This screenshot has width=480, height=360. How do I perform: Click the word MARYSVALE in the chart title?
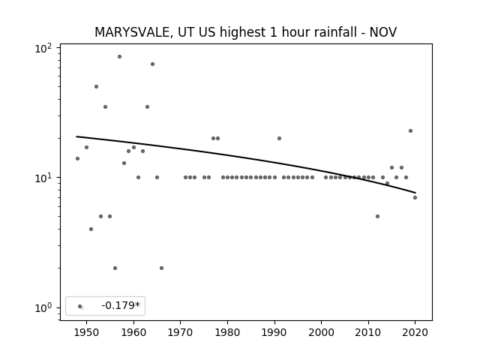point(132,32)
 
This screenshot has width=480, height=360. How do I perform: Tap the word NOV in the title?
point(383,32)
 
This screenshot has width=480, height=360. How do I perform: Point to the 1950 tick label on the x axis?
point(87,332)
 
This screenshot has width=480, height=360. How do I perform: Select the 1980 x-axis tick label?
point(227,332)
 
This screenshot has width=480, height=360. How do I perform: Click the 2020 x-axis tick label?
point(415,332)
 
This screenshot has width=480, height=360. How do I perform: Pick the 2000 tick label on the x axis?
point(322,332)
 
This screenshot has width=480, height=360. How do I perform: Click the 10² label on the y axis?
point(43,49)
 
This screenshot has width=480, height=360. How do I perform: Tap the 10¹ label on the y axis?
point(43,178)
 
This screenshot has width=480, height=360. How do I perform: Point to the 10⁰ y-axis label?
point(43,308)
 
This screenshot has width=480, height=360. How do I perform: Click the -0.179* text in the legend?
point(121,305)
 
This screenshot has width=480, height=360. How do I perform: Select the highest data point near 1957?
point(119,57)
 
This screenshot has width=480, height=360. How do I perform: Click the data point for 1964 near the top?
point(152,64)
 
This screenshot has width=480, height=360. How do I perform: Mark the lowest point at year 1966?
point(162,268)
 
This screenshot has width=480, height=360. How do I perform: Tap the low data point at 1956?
point(115,268)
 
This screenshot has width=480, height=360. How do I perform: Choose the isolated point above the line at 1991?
point(279,138)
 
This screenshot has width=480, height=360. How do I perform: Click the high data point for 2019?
point(410,130)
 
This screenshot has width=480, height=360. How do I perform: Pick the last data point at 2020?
point(415,197)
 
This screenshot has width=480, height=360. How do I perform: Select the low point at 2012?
point(377,216)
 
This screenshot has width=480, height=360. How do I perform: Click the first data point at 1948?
point(77,158)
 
